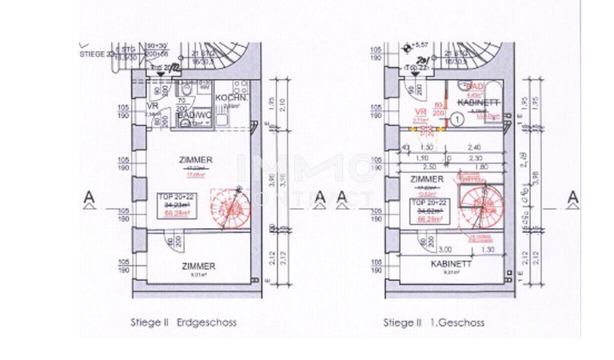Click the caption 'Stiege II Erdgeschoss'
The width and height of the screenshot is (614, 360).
pyautogui.click(x=184, y=323)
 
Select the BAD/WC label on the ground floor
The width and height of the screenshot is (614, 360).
pyautogui.click(x=191, y=117)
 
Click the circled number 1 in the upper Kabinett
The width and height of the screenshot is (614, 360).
pyautogui.click(x=456, y=118)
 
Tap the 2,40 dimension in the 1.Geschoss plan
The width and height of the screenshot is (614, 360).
pyautogui.click(x=474, y=148)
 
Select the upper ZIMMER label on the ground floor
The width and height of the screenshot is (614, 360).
pyautogui.click(x=196, y=160)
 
